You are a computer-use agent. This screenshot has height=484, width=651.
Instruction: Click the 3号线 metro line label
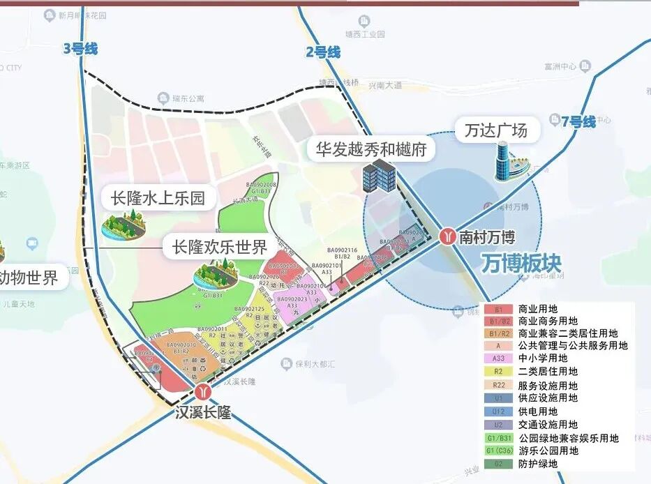pos(80,49)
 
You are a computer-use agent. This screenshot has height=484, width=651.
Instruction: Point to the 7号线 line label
pos(578,122)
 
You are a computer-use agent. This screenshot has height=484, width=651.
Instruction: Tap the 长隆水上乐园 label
pos(158,198)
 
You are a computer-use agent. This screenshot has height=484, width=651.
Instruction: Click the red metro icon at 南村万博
pos(447,237)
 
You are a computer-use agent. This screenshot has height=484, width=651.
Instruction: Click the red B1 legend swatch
pos(498,308)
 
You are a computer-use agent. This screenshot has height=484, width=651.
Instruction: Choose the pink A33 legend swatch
pos(498,358)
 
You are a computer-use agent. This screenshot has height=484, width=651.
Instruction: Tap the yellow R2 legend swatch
pos(498,372)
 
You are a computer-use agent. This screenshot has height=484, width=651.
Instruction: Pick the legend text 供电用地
pos(538,411)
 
